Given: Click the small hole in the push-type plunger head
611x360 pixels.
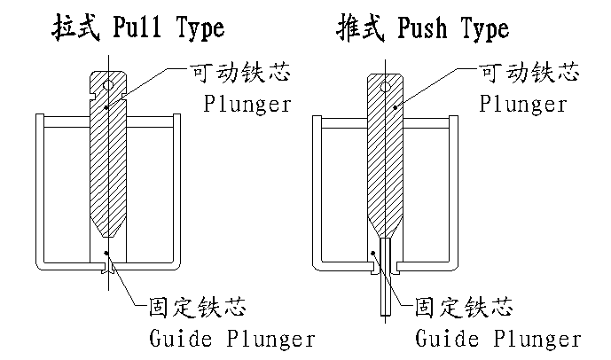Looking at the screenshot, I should (388, 86).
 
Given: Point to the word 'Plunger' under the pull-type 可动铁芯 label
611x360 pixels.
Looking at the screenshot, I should (247, 104).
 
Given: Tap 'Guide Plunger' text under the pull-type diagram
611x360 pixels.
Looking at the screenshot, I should (228, 339).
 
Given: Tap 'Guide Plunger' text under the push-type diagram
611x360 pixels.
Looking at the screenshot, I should (498, 339).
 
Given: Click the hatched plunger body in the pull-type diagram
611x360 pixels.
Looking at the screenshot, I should (107, 160).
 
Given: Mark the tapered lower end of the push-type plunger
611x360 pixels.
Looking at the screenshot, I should (384, 225).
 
